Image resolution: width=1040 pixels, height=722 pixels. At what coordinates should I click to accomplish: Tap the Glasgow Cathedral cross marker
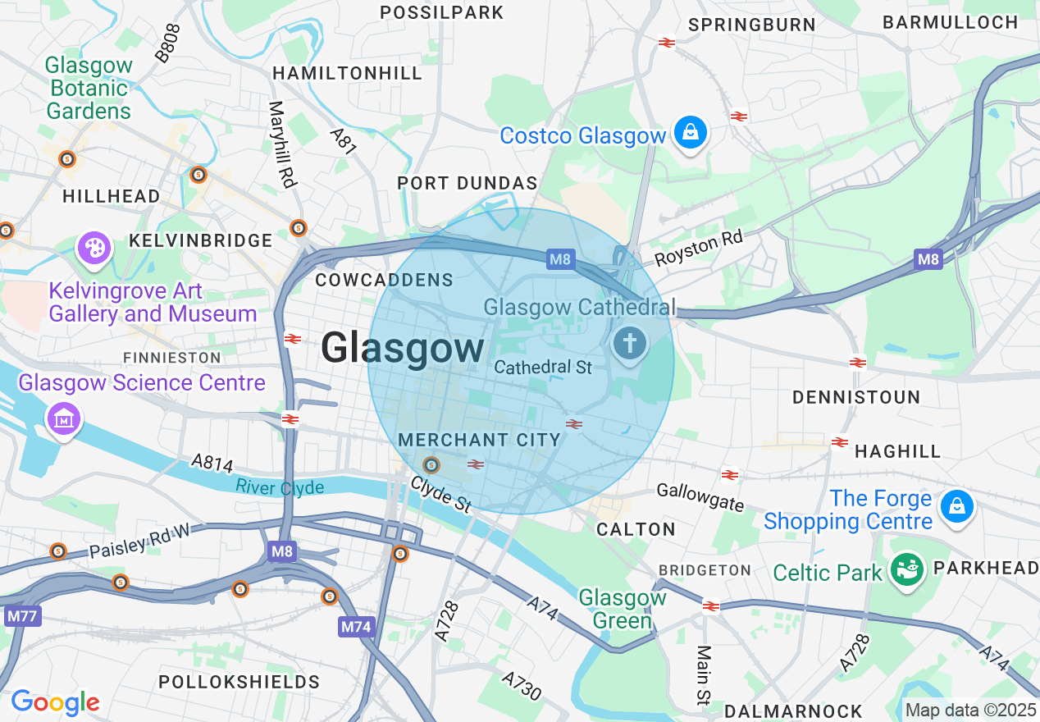point(630,343)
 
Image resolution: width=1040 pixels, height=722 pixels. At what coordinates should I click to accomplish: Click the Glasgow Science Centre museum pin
point(63,418)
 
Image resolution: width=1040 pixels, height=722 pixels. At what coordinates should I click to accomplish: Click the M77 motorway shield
point(22,615)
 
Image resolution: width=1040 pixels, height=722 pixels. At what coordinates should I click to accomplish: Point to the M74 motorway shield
point(356,627)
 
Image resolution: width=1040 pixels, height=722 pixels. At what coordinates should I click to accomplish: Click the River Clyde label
point(280,487)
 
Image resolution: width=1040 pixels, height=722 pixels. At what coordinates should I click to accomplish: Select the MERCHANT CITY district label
point(479,441)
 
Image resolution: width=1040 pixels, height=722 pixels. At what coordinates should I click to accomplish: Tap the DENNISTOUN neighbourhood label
point(855,397)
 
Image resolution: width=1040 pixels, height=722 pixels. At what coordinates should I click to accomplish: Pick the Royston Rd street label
point(698,248)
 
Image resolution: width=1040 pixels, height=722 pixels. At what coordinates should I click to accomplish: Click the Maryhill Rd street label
point(281,144)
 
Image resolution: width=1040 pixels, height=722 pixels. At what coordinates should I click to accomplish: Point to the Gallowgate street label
point(700,496)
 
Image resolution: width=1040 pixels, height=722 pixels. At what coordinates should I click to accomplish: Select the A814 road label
point(212,464)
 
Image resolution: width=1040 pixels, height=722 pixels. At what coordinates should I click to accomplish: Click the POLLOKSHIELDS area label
point(239,682)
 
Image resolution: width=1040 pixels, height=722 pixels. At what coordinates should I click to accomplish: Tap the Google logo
point(55,702)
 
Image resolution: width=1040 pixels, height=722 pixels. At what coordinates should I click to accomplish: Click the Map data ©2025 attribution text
point(970,710)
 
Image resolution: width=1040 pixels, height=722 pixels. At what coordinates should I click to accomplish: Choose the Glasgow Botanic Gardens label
point(89,88)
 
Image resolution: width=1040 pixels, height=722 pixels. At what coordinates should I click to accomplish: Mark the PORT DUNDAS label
point(468,183)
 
